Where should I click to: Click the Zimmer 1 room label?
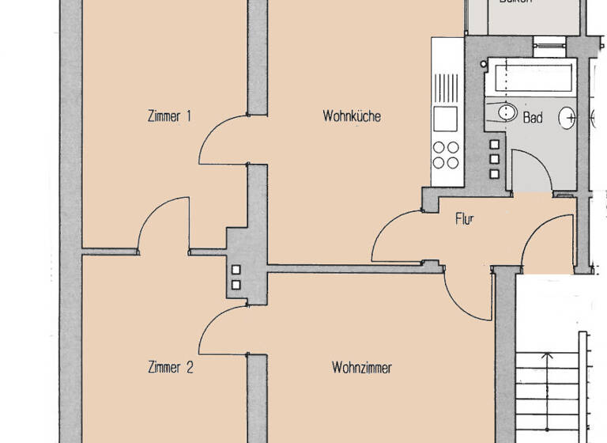coord(169,116)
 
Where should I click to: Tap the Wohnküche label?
coord(352,116)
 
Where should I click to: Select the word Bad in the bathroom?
coord(533,118)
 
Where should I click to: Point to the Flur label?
coord(464,219)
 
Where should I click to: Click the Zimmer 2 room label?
coord(170,367)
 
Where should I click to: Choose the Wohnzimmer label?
coord(362,367)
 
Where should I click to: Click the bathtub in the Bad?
coord(531,78)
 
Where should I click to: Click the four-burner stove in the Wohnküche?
coord(446,153)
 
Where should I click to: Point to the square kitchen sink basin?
coord(445,119)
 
